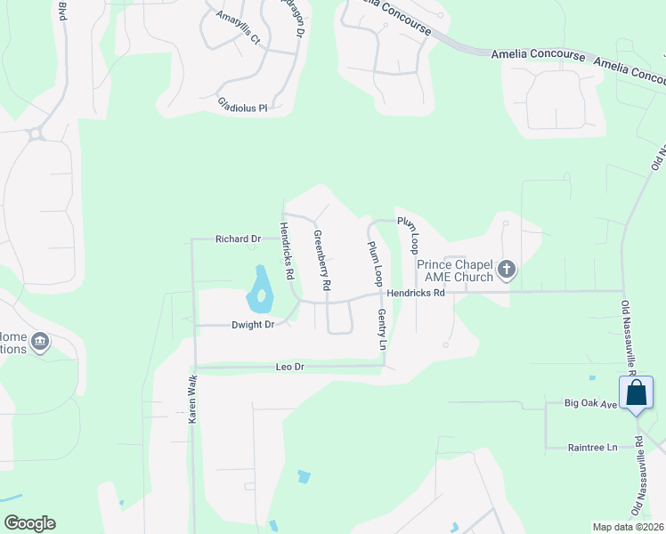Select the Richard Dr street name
[x=238, y=239]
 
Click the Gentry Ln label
[x=382, y=329]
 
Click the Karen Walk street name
[x=191, y=399]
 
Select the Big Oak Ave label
[x=590, y=403]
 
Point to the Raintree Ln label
[x=592, y=448]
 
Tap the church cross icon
[x=507, y=269]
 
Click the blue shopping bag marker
[x=637, y=393]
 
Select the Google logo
[x=29, y=523]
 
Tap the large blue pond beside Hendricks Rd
[x=259, y=292]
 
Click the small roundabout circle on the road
[x=36, y=134]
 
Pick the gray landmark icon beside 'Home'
[x=39, y=342]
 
